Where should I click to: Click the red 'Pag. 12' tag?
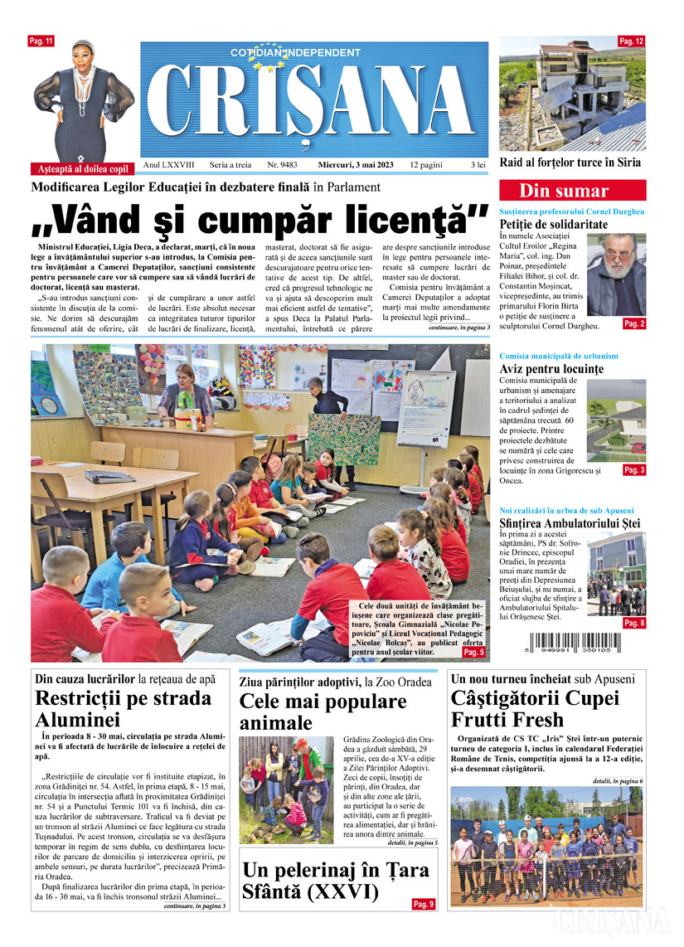click(x=632, y=41)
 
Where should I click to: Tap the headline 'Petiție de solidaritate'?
click(x=554, y=225)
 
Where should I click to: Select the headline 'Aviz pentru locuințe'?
click(x=551, y=369)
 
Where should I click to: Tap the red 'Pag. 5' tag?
click(x=474, y=653)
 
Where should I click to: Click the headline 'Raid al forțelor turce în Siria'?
click(x=570, y=163)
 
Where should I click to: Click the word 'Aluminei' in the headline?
click(x=78, y=720)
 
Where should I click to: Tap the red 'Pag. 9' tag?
click(x=423, y=904)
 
